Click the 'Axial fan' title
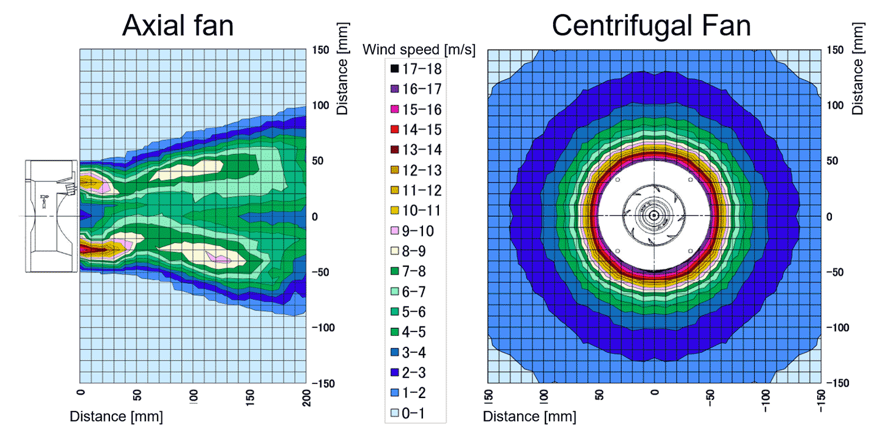[x=178, y=26]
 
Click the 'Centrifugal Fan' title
[x=651, y=26]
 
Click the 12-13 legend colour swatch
[x=395, y=171]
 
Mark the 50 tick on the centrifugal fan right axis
[x=834, y=161]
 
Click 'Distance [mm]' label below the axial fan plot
[x=116, y=417]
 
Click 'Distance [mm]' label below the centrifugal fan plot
[x=530, y=417]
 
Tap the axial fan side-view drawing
[x=51, y=216]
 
